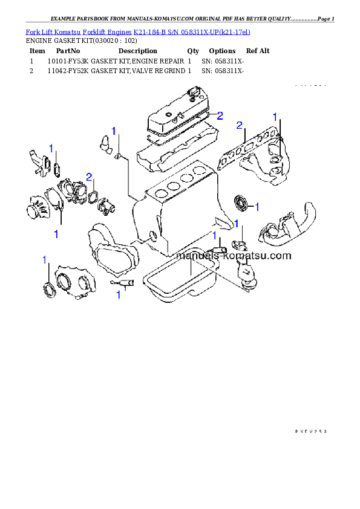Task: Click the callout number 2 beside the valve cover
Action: point(220,115)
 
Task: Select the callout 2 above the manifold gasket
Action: point(240,125)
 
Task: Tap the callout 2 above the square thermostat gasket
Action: point(89,177)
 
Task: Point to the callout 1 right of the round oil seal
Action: point(257,207)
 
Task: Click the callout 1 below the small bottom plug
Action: point(119,295)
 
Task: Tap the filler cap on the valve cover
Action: point(194,93)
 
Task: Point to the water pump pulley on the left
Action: point(36,209)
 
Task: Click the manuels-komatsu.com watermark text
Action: point(233,256)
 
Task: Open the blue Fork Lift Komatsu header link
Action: point(138,30)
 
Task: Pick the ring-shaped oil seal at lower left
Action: point(47,289)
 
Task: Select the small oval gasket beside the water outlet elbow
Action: point(57,167)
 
